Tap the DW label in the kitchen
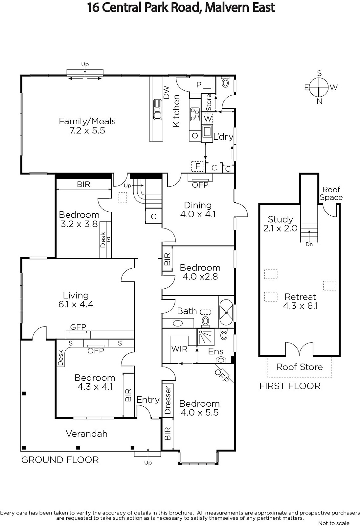[x=166, y=92]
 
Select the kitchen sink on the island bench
[x=158, y=109]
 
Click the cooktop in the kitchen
[x=195, y=114]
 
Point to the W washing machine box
[x=208, y=119]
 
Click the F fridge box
[x=198, y=166]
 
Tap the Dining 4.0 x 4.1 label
[x=198, y=209]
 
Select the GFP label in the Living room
[x=78, y=327]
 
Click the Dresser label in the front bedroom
[x=168, y=400]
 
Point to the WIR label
[x=179, y=349]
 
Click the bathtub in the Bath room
[x=226, y=312]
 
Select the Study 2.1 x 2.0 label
[x=281, y=224]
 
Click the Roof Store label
[x=300, y=367]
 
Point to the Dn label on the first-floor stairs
[x=309, y=244]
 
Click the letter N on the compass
[x=319, y=102]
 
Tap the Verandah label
[x=87, y=434]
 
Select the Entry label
[x=148, y=400]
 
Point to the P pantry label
[x=199, y=84]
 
